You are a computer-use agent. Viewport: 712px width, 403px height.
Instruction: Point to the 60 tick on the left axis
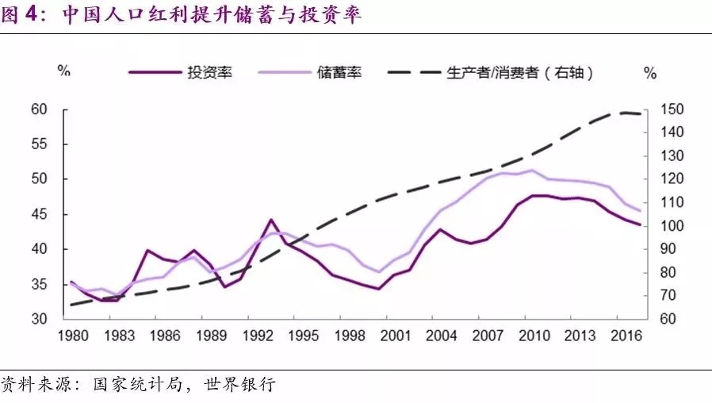pyautogui.click(x=39, y=109)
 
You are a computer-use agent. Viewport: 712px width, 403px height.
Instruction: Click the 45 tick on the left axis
pyautogui.click(x=39, y=214)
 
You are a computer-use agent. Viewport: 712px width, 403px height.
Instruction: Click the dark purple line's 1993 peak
pyautogui.click(x=271, y=219)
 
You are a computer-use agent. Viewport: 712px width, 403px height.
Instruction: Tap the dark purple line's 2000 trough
pyautogui.click(x=378, y=289)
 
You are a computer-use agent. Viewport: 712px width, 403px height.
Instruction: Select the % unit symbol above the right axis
pyautogui.click(x=650, y=73)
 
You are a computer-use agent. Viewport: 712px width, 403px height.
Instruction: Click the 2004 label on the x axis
pyautogui.click(x=441, y=336)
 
